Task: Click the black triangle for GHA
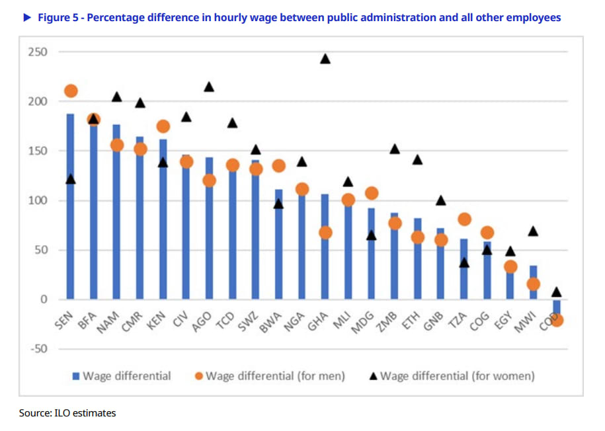click(x=325, y=59)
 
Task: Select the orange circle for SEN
click(x=71, y=91)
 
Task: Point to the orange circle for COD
click(x=557, y=320)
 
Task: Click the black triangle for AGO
click(x=210, y=87)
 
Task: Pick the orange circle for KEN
click(x=163, y=126)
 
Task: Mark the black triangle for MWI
click(x=533, y=231)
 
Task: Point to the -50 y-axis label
click(x=38, y=349)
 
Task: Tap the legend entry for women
click(x=452, y=376)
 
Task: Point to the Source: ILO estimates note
click(x=67, y=413)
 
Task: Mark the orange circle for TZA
click(x=464, y=219)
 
